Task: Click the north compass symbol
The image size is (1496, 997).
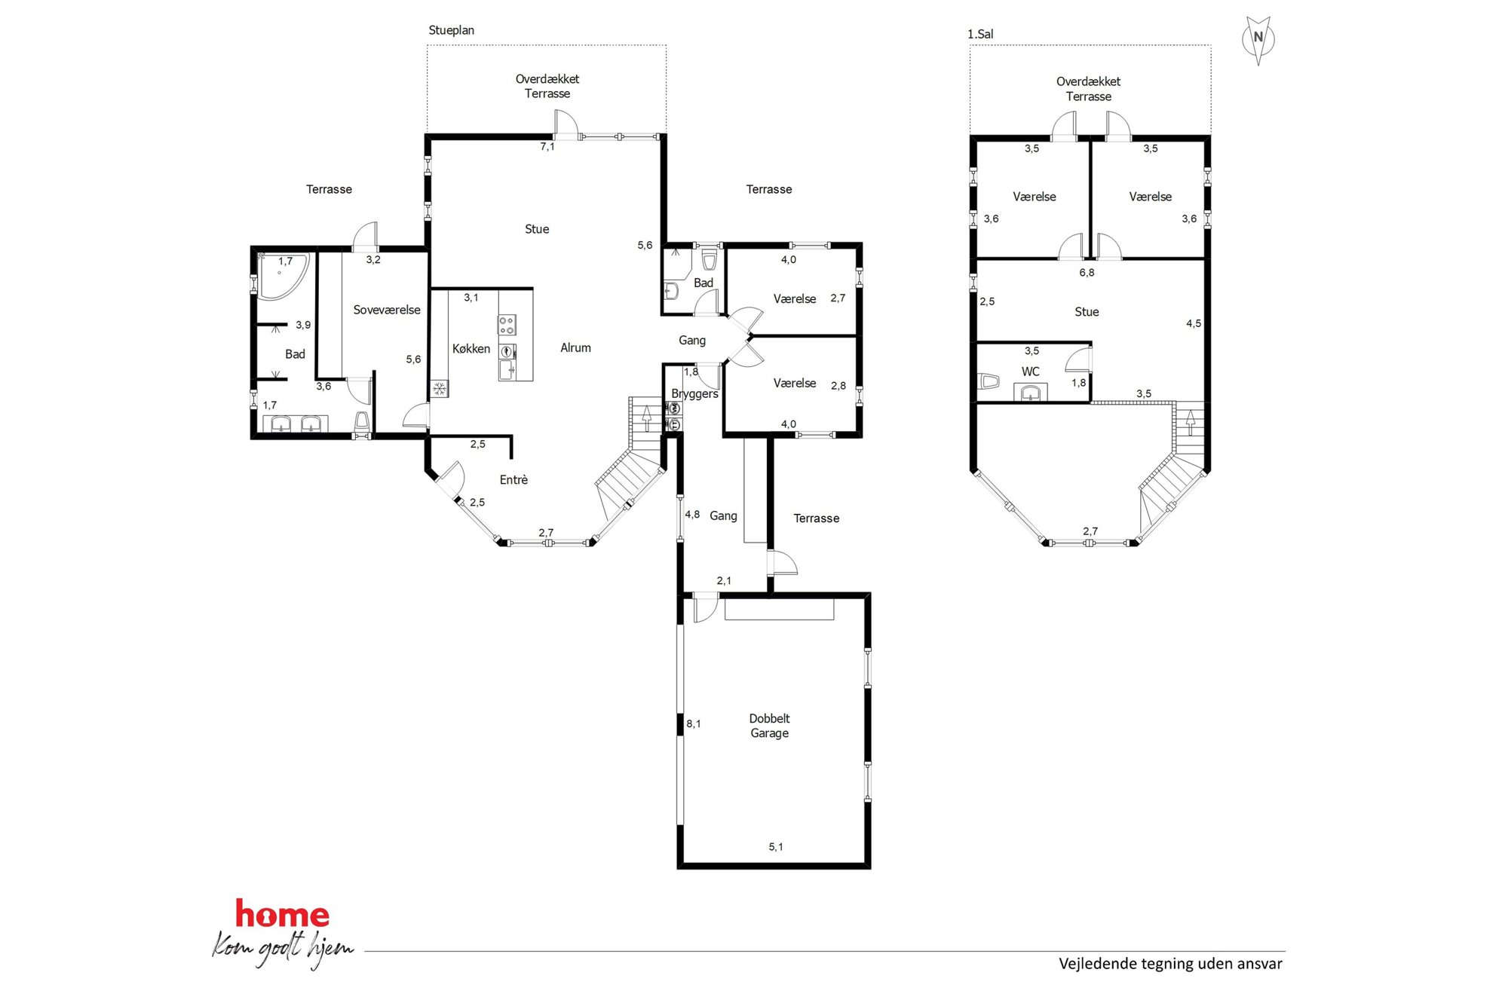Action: click(x=1258, y=39)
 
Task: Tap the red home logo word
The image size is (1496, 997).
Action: click(x=282, y=914)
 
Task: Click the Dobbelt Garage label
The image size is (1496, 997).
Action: click(x=769, y=726)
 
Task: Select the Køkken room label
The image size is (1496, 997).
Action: click(x=471, y=349)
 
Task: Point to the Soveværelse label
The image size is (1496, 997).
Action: click(x=387, y=310)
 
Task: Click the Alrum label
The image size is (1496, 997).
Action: click(x=575, y=347)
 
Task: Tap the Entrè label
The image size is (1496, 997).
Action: click(x=513, y=479)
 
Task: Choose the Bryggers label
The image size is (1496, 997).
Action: click(x=694, y=394)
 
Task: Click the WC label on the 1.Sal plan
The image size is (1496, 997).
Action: click(x=1030, y=372)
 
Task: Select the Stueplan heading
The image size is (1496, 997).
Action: click(x=451, y=30)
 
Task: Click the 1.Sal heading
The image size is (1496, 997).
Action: click(x=980, y=34)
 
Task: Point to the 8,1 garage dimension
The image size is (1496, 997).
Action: click(x=693, y=723)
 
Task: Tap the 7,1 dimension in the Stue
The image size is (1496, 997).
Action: click(x=547, y=146)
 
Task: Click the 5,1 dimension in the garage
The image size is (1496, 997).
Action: click(x=776, y=847)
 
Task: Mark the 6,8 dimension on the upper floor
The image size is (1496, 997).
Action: click(x=1087, y=273)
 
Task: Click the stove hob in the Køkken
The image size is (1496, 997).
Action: click(x=507, y=325)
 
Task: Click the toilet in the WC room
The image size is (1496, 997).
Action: click(x=989, y=381)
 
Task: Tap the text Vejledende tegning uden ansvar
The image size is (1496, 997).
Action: click(x=1170, y=964)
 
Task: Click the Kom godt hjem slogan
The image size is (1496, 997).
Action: click(x=283, y=949)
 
